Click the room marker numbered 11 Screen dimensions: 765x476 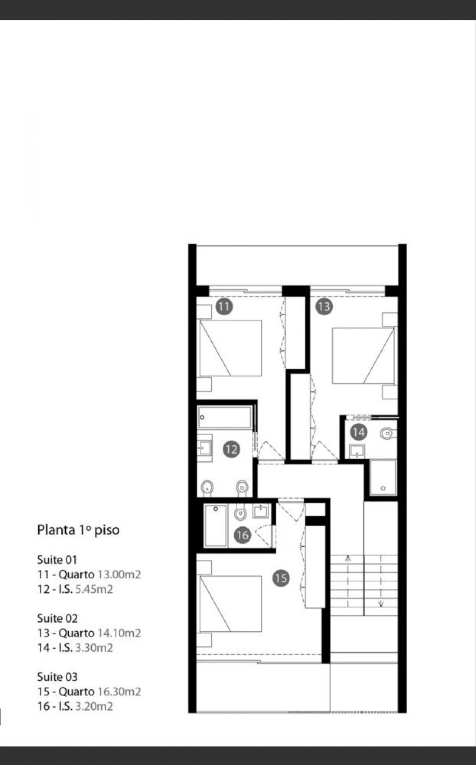pos(224,307)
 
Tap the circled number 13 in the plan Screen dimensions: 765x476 pos(324,307)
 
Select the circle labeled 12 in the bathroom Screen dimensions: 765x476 pos(231,450)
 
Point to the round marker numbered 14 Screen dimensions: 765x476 pos(358,432)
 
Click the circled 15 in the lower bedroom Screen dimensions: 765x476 pos(281,578)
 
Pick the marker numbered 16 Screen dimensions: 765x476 pos(242,535)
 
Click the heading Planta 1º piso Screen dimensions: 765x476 pos(78,530)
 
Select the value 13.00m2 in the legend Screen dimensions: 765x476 pos(119,575)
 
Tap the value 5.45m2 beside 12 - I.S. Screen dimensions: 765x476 pos(94,590)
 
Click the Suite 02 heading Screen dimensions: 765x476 pos(57,619)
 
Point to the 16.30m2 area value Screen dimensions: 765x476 pos(119,692)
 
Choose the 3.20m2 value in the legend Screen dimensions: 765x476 pos(94,706)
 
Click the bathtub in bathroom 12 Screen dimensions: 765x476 pos(225,417)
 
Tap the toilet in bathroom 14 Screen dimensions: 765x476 pos(388,433)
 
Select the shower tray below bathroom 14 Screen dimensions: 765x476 pos(383,478)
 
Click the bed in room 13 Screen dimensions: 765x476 pos(363,355)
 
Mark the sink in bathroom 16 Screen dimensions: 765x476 pos(261,511)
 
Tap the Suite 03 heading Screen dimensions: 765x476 pos(57,677)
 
